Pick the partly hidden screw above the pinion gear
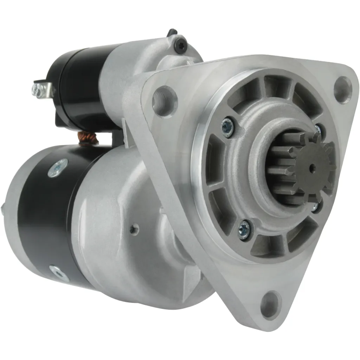pyautogui.click(x=319, y=129)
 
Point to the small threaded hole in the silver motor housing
pyautogui.click(x=134, y=229)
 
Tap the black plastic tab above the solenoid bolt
pyautogui.click(x=172, y=32)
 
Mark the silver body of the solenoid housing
pyautogui.click(x=127, y=74)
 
